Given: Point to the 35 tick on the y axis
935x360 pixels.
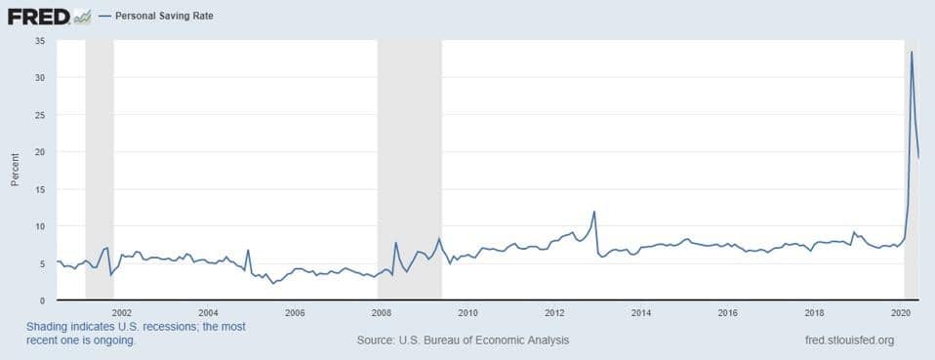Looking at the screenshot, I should pos(39,41).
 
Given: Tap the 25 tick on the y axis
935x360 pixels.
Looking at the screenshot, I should pos(39,115).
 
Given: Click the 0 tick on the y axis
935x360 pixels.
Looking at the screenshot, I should pos(42,300).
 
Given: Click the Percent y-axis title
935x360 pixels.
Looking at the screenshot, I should pos(15,170).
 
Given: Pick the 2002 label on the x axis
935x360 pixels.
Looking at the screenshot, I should pos(122,312).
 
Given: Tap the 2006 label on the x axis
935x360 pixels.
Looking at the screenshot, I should pos(295,312).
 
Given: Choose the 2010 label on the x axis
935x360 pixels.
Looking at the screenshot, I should pos(467,312).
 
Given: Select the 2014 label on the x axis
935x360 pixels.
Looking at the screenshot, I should pos(641,312).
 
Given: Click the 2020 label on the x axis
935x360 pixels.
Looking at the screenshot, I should pos(901,312).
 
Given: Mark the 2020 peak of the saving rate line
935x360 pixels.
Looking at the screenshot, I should pos(912,52).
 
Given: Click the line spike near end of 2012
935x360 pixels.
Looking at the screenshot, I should pos(594,212).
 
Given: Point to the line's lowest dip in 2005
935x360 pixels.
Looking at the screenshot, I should pos(273,283).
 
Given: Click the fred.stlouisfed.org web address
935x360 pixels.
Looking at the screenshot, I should pos(846,340).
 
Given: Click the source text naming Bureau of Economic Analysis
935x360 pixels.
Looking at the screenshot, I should pos(464,340).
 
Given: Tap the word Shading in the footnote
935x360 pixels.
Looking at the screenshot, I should pos(51,326).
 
